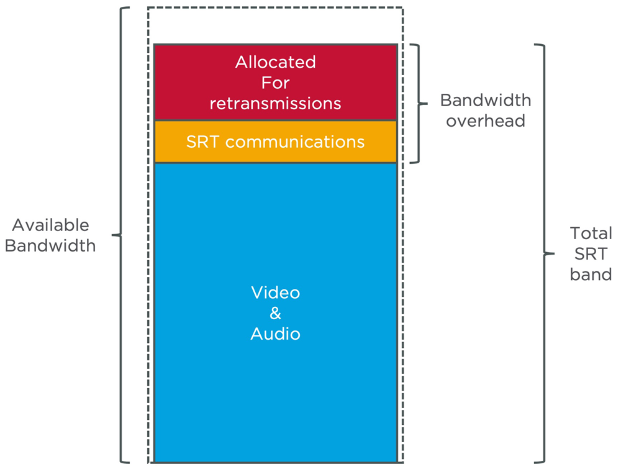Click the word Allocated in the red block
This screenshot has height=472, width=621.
275,62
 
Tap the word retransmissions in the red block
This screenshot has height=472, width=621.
275,103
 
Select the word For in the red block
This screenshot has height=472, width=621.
275,83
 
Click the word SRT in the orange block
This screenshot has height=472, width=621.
203,142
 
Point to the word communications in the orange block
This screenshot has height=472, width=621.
295,142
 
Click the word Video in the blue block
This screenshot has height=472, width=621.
275,293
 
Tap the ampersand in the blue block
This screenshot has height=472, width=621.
275,314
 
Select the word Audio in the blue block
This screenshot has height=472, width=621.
275,334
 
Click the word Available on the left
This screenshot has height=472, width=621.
50,225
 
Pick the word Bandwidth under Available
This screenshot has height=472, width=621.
50,246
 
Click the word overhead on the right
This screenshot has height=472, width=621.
486,120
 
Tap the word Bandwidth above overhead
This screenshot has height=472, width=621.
486,100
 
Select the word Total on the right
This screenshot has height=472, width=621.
591,233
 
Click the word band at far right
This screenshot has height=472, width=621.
591,274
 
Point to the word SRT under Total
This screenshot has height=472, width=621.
591,253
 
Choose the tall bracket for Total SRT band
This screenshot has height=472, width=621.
544,253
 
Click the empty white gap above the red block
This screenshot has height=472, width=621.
275,26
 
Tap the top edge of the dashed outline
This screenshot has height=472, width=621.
275,7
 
